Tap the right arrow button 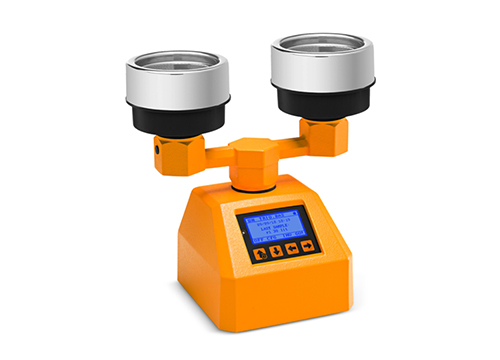click(307, 244)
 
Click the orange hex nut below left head click(174, 150)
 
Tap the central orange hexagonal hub click(251, 160)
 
